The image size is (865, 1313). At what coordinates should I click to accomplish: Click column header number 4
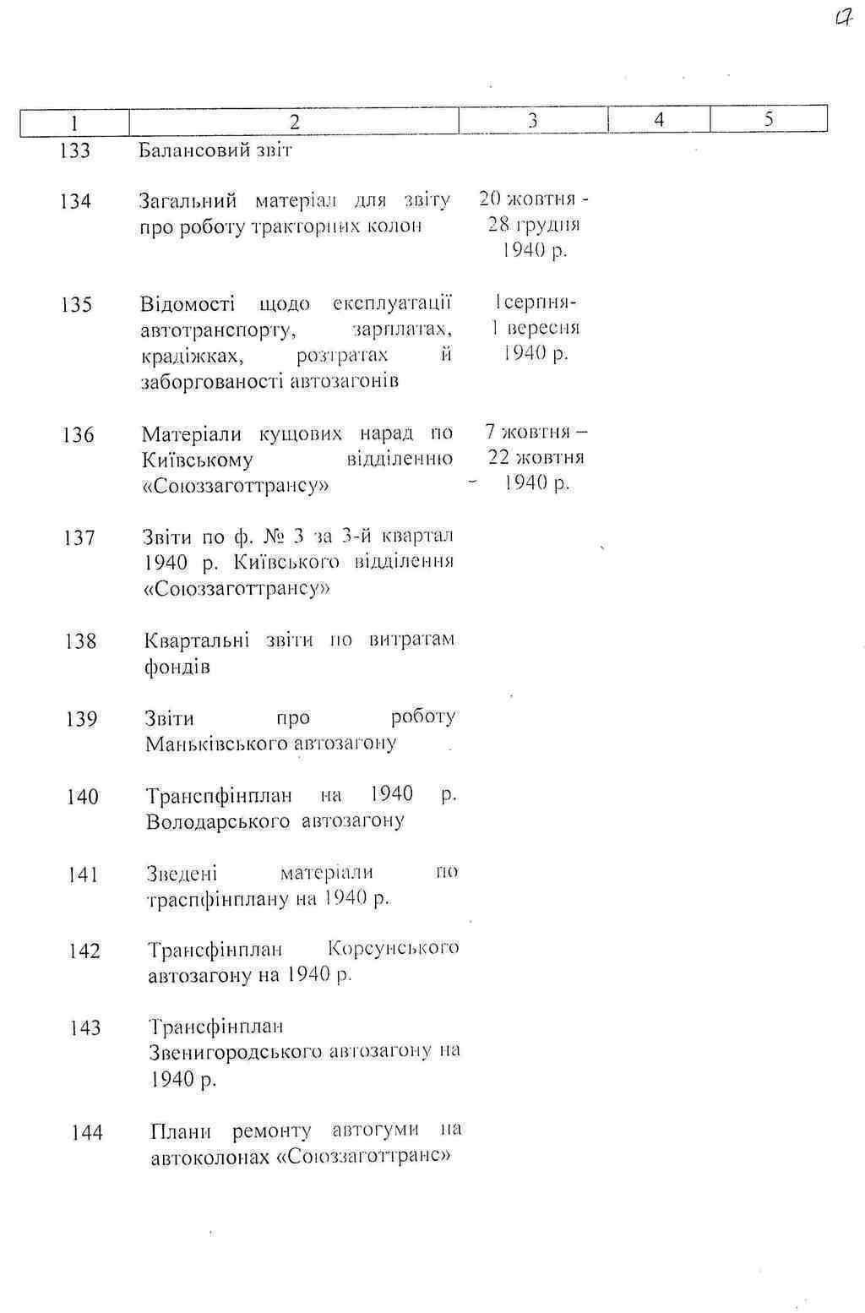click(x=659, y=120)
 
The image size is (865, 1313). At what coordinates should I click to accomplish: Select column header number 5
click(x=769, y=119)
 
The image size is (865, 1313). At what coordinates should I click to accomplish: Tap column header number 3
click(x=533, y=121)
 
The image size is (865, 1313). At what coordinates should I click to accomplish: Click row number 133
click(x=75, y=151)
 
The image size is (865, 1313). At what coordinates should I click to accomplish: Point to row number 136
click(x=78, y=435)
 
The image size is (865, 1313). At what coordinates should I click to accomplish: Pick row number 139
click(x=82, y=719)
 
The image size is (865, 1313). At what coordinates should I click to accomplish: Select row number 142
click(x=84, y=951)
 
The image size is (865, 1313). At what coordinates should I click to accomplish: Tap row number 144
click(x=87, y=1132)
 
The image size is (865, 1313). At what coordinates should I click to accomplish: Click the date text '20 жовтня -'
click(x=534, y=199)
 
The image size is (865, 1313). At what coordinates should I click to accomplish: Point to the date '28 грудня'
click(x=534, y=225)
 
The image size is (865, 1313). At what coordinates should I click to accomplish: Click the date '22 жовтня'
click(x=536, y=457)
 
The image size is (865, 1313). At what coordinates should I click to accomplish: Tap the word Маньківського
click(x=207, y=744)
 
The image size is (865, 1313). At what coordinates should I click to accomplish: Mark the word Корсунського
click(x=394, y=948)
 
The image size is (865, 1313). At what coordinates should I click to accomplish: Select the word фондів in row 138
click(x=177, y=667)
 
